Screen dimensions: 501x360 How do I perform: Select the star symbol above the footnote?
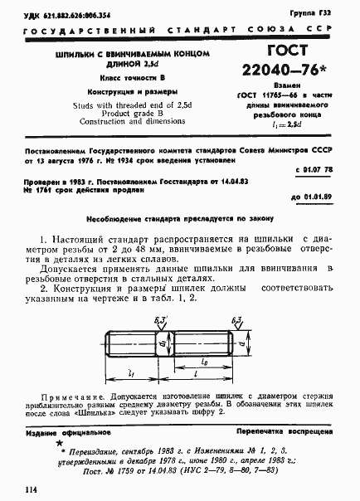pyautogui.click(x=58, y=445)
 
